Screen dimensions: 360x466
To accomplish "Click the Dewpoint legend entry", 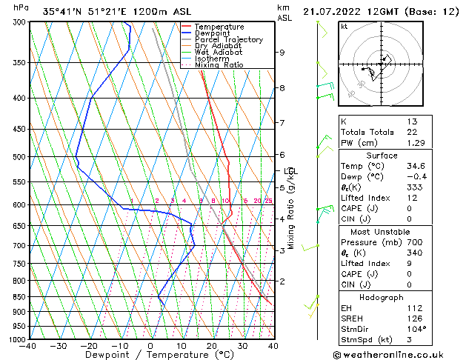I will pyautogui.click(x=219, y=33).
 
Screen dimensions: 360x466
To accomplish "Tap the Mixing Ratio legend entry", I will pyautogui.click(x=219, y=65).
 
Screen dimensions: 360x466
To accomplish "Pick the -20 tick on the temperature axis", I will pyautogui.click(x=89, y=345).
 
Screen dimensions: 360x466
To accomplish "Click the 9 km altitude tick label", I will pyautogui.click(x=282, y=53).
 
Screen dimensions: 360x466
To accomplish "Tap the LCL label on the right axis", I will pyautogui.click(x=291, y=171).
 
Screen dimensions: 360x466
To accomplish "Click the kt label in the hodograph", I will pyautogui.click(x=344, y=26).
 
